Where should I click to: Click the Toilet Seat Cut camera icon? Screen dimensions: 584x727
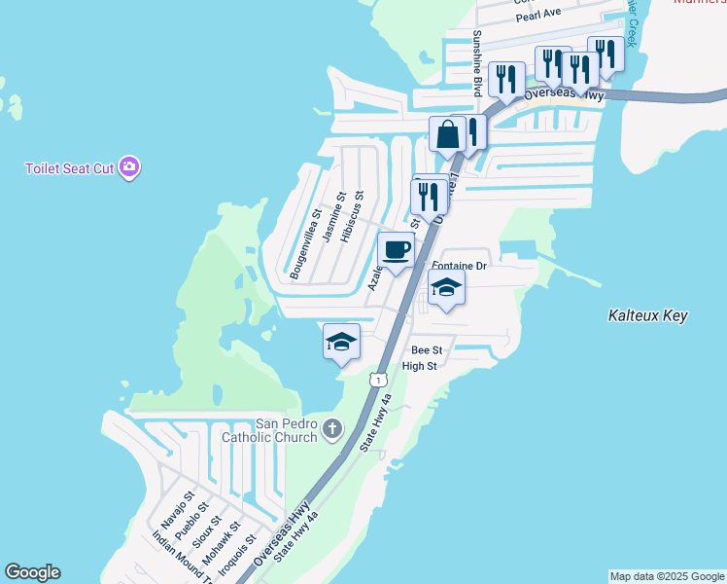[131, 168]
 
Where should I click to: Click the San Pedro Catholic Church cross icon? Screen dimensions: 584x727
[332, 428]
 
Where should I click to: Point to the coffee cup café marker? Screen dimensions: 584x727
[396, 251]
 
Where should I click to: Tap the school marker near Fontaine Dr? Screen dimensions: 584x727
[446, 287]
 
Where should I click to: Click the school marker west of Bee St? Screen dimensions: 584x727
[341, 342]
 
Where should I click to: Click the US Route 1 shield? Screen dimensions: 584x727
[377, 376]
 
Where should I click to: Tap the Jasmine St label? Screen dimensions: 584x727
[334, 216]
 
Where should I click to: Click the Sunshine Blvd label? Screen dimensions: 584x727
[477, 63]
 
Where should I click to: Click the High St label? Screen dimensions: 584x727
[419, 366]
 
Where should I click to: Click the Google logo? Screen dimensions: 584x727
[32, 572]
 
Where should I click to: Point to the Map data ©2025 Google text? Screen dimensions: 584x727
[667, 576]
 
